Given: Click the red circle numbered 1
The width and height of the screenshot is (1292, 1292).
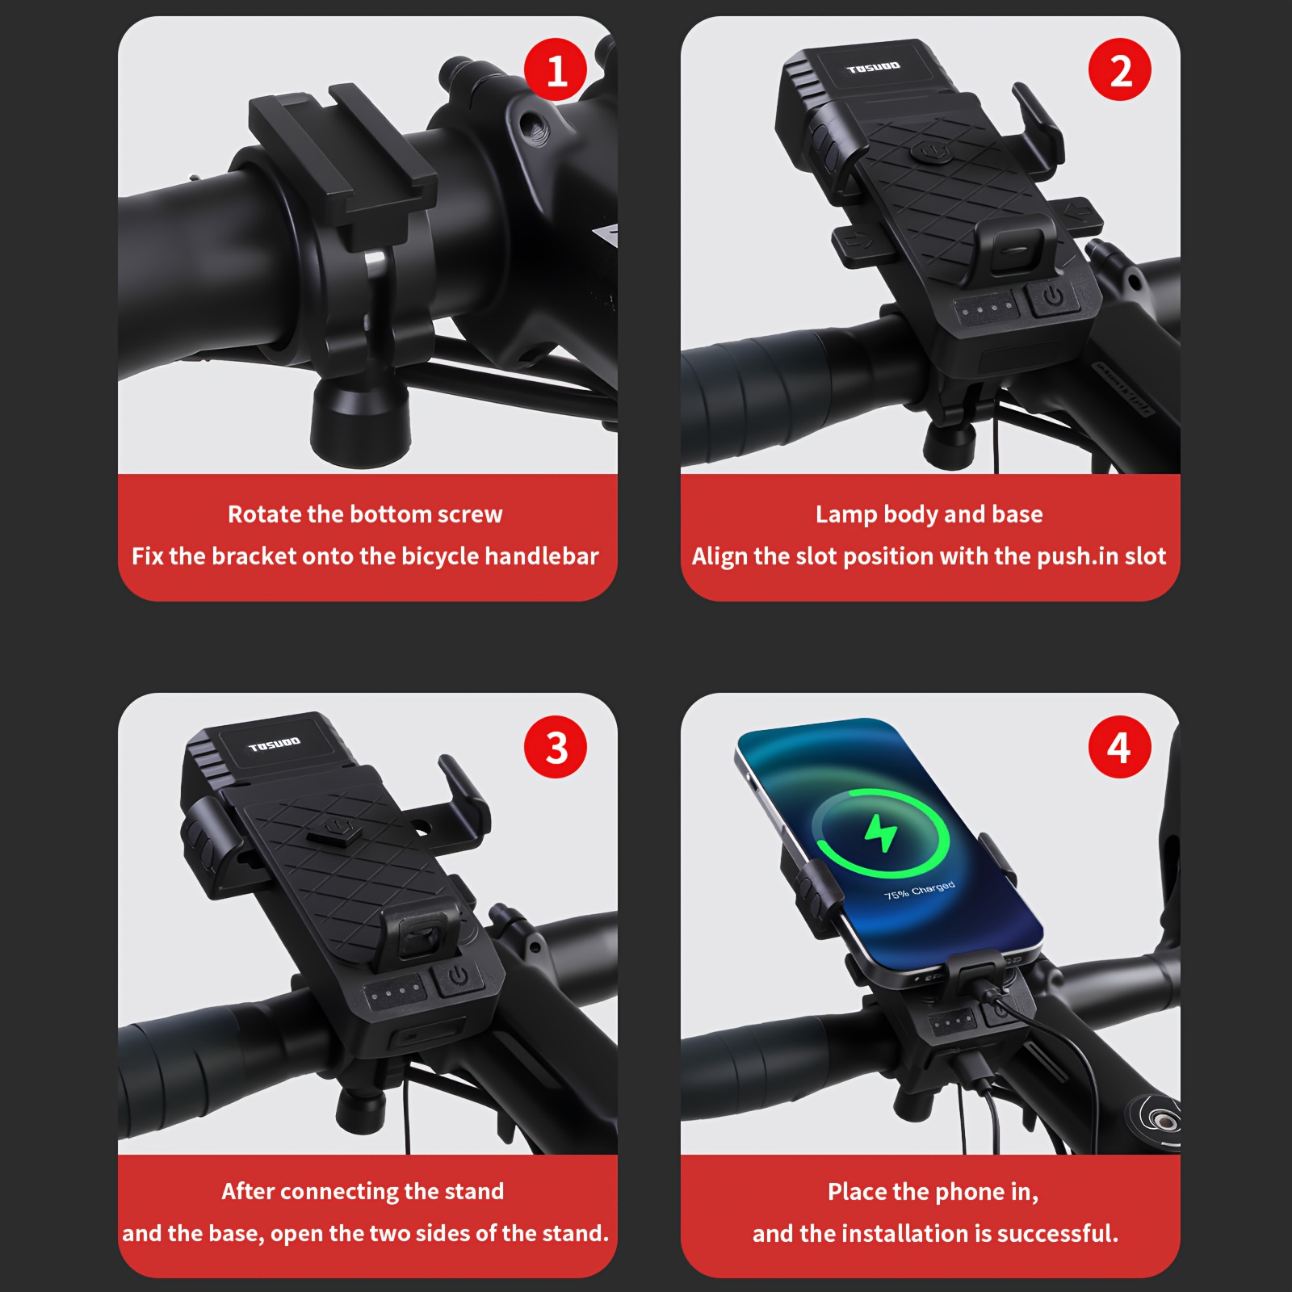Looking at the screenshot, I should (556, 70).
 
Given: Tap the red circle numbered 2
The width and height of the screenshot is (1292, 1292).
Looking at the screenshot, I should (1119, 70).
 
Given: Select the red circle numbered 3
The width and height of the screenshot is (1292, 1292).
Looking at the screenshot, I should (556, 747).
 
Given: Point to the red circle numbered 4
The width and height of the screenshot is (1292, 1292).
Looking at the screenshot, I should (1119, 747).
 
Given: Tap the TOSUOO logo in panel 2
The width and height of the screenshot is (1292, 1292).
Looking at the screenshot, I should (873, 68).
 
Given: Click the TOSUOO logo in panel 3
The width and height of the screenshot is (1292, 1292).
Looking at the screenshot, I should (275, 744).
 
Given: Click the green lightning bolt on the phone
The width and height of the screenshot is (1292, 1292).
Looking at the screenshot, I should (880, 833).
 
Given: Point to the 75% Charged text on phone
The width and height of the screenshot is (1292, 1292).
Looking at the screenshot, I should (920, 891).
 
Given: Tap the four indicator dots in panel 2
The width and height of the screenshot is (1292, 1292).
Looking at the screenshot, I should (987, 308).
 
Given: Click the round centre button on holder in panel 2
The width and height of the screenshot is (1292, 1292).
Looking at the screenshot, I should (930, 152).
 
